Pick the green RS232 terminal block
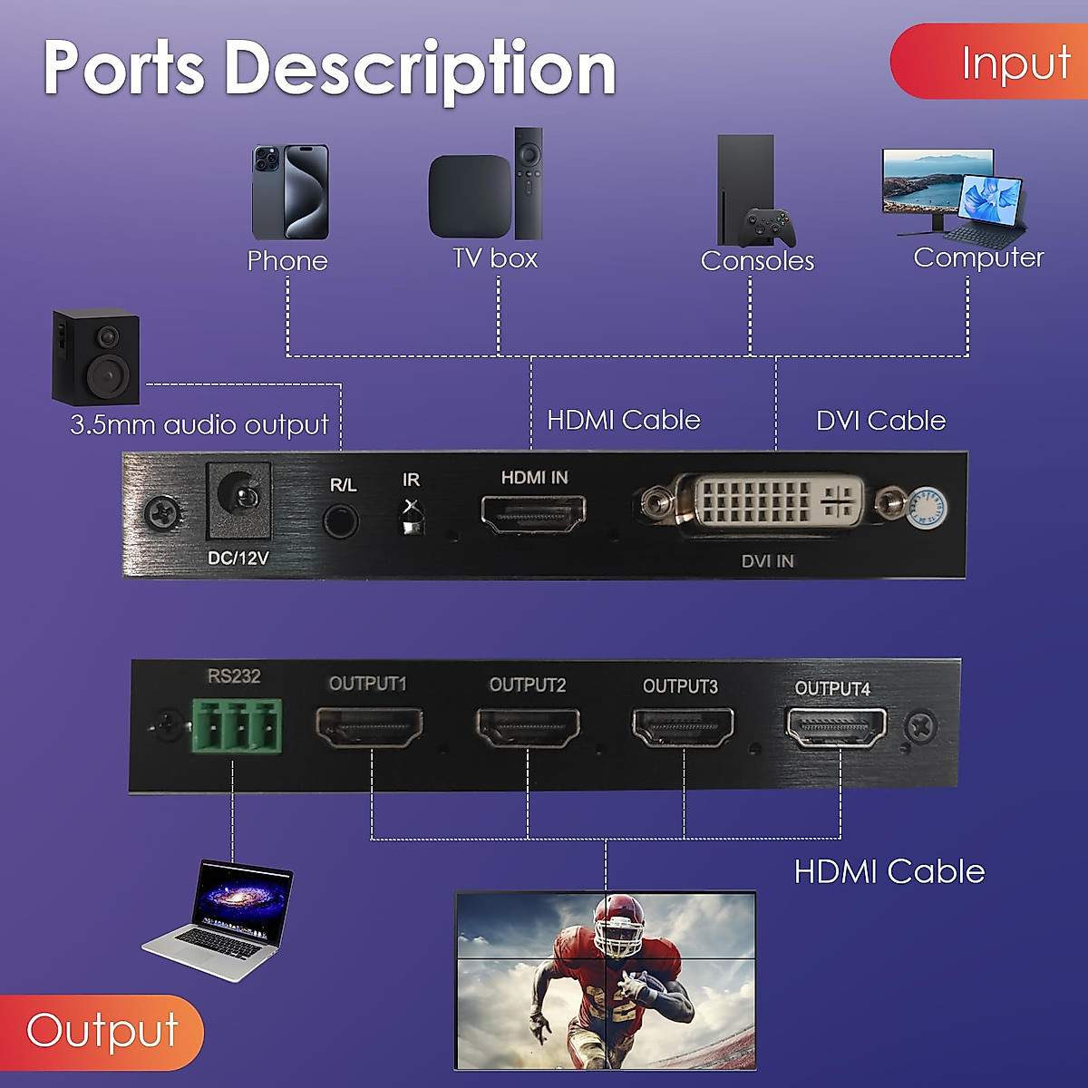click(x=237, y=725)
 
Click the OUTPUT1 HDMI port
click(x=369, y=726)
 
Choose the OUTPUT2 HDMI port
click(x=528, y=727)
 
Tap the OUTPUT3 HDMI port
click(x=683, y=728)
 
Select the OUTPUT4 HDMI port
click(x=835, y=727)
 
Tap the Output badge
click(x=101, y=1032)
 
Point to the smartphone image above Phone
click(x=290, y=191)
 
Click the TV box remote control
click(x=529, y=182)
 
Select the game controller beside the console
click(x=767, y=228)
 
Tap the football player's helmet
click(x=619, y=926)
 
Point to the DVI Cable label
click(x=880, y=421)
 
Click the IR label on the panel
click(x=411, y=480)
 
